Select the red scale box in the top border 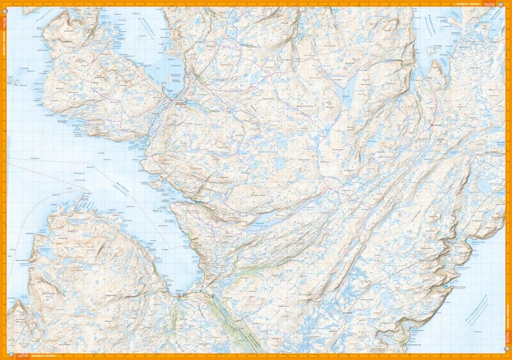click(491, 3)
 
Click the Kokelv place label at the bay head click(179, 291)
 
